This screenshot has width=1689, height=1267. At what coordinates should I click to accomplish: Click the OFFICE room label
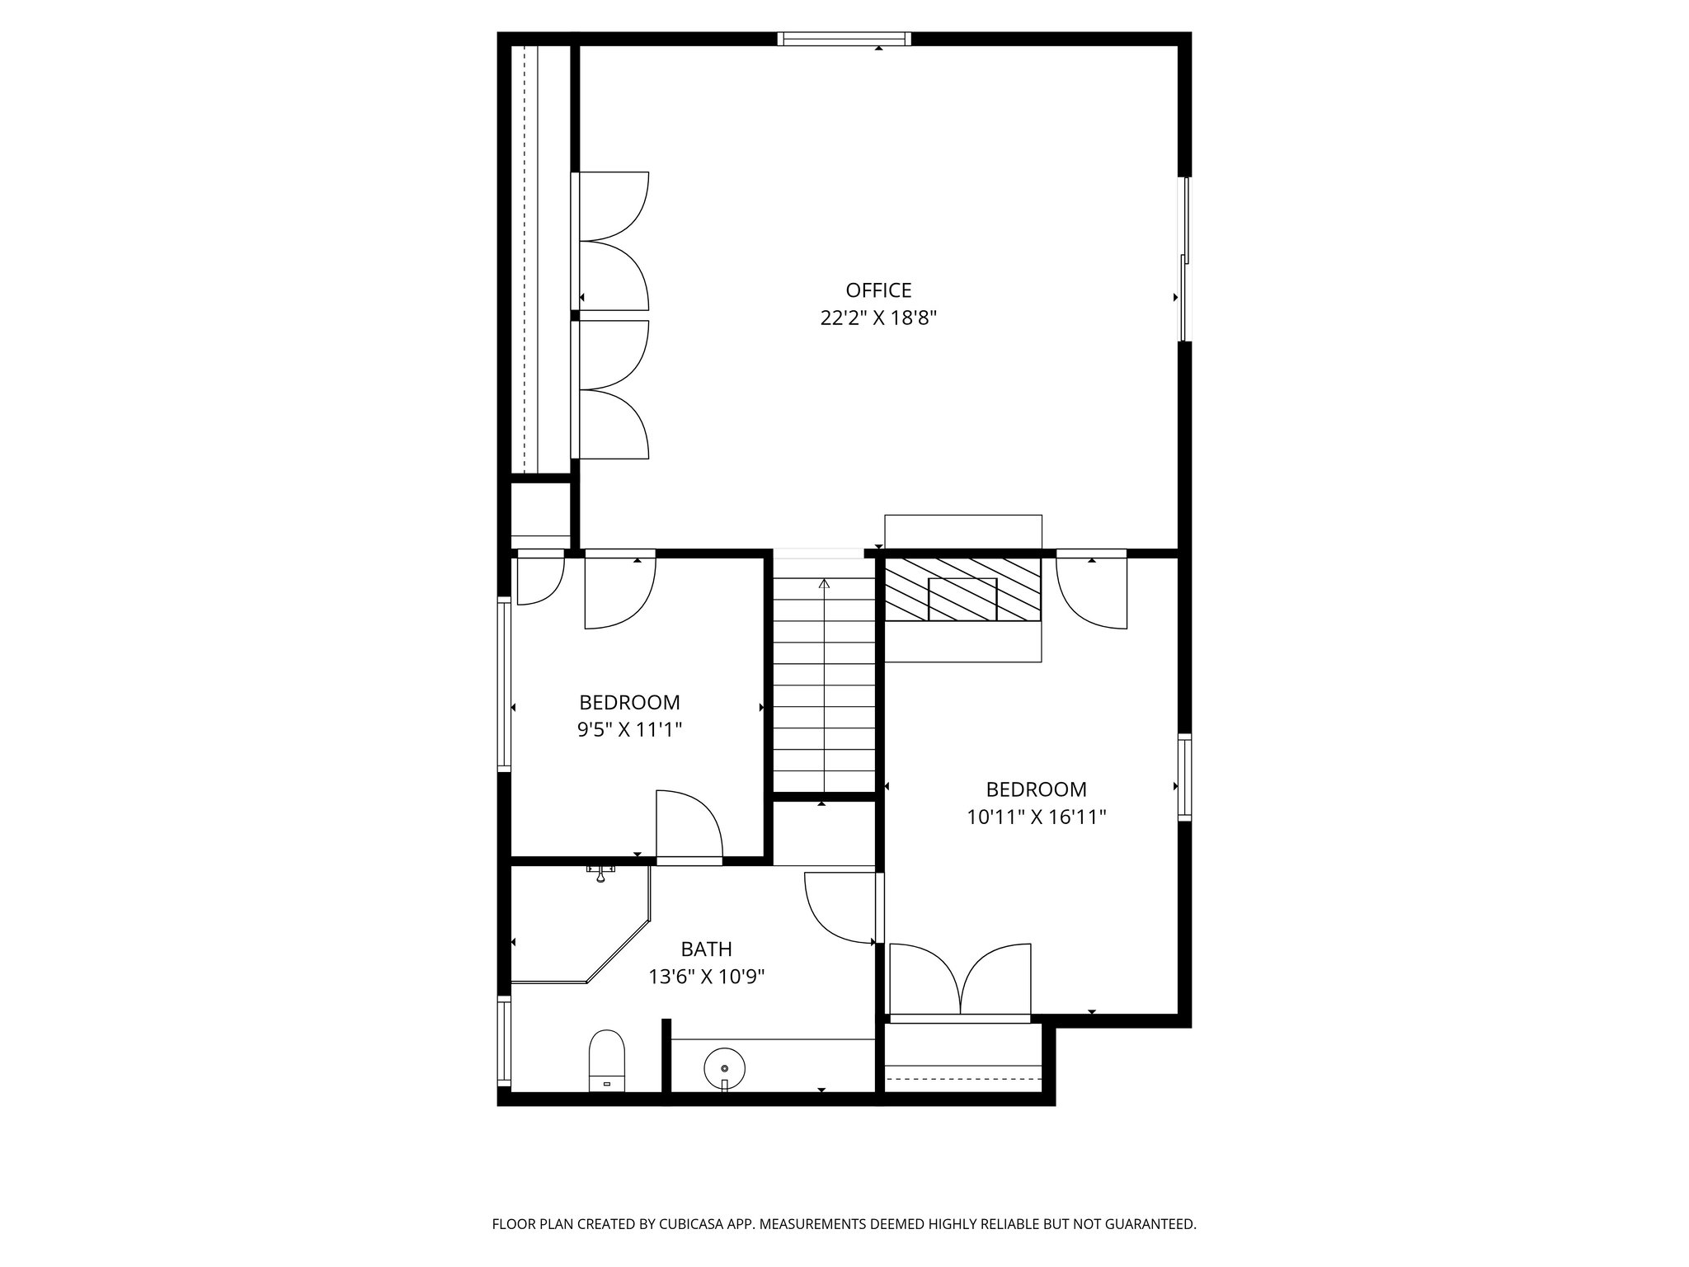878,290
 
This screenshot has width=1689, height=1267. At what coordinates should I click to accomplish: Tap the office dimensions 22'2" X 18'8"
878,318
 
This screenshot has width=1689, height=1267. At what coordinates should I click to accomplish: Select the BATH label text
706,949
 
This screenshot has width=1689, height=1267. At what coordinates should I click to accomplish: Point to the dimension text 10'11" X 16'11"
1036,817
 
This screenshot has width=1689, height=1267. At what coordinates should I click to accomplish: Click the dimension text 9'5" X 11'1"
629,730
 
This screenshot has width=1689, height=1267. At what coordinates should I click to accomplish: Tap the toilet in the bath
606,1061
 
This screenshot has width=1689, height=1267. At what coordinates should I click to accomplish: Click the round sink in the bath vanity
724,1067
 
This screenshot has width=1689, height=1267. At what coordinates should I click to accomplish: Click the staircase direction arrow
824,685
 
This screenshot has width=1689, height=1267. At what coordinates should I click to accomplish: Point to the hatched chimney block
962,590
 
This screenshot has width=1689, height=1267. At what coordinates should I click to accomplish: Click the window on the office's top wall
844,39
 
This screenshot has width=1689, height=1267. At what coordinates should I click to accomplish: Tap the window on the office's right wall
1185,259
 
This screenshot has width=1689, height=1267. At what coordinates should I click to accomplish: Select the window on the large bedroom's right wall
1184,777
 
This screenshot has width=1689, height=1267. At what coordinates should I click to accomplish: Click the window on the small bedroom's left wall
503,685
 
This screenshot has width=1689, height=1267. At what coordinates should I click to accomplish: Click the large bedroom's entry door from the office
1092,592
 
